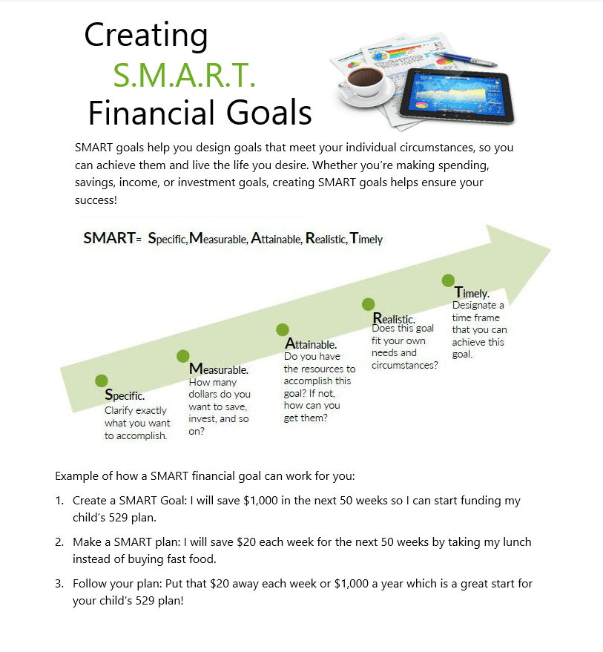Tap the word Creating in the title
click(146, 35)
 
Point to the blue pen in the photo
click(464, 58)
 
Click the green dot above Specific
click(102, 381)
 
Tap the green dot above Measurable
click(183, 356)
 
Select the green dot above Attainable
click(282, 330)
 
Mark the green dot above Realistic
click(368, 304)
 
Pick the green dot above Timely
click(448, 280)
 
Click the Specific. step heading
click(125, 395)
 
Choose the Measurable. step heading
click(219, 369)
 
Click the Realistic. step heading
click(394, 319)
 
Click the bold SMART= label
click(112, 239)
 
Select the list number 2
click(59, 542)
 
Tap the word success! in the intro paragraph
click(96, 200)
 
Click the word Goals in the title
click(263, 113)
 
